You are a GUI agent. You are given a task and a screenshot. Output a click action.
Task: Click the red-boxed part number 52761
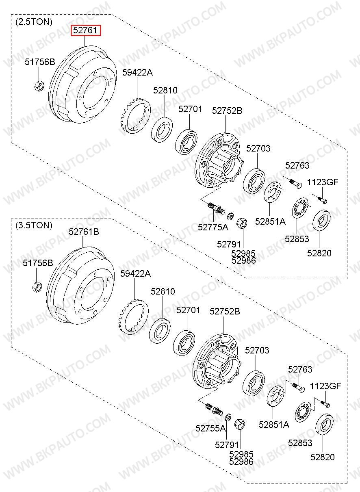coord(85,30)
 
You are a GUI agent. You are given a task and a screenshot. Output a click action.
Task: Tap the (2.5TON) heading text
coord(34,22)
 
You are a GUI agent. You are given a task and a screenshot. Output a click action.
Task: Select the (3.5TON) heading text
coord(34,225)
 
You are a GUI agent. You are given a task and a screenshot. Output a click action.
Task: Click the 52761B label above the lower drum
coord(84,232)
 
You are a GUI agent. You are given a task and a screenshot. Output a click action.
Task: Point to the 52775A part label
coord(213,227)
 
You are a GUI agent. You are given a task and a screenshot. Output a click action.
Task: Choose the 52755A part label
coord(210,428)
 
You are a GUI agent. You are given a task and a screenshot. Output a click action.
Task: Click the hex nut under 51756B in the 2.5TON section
coord(39,85)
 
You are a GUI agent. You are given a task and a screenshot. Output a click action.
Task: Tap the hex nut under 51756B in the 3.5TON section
coord(37,287)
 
